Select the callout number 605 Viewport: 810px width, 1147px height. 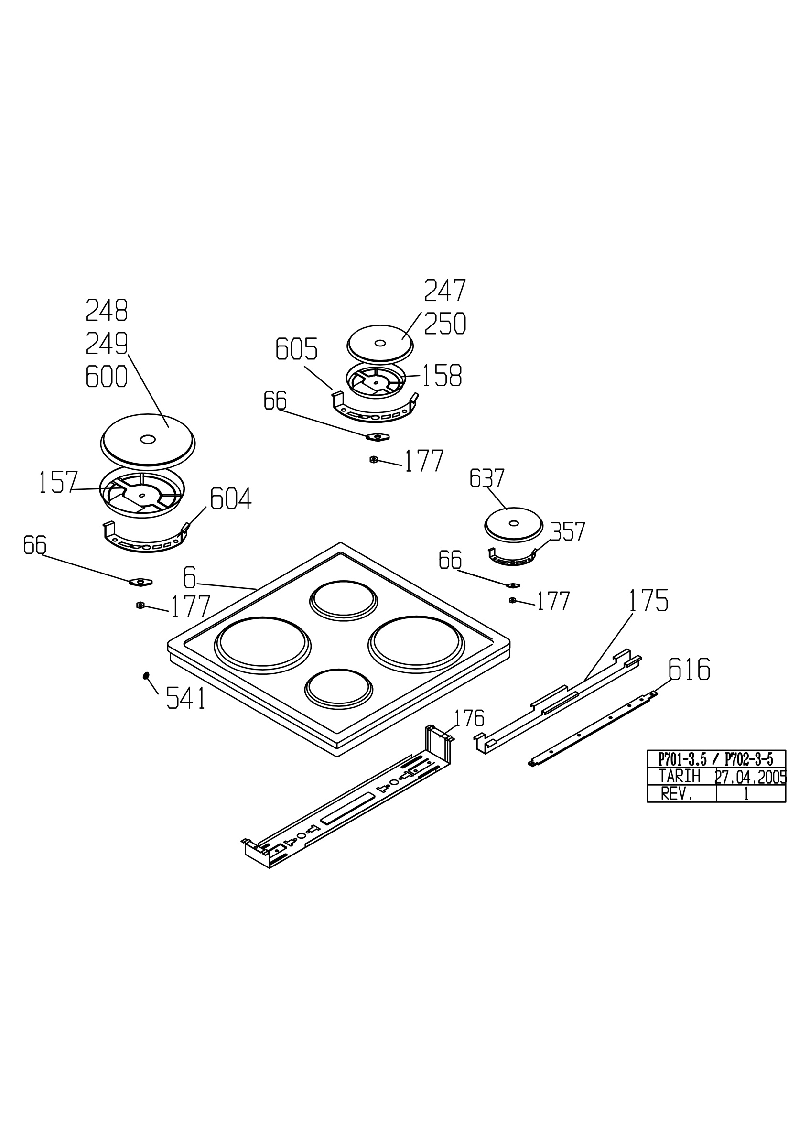[x=297, y=349]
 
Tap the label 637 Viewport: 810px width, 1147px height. [x=487, y=478]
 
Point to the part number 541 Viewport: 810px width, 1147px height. [x=186, y=698]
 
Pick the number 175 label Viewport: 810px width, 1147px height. [x=648, y=600]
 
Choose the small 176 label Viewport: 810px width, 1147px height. [x=469, y=719]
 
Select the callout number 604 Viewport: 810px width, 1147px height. [x=231, y=498]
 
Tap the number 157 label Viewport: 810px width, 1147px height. [x=58, y=482]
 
